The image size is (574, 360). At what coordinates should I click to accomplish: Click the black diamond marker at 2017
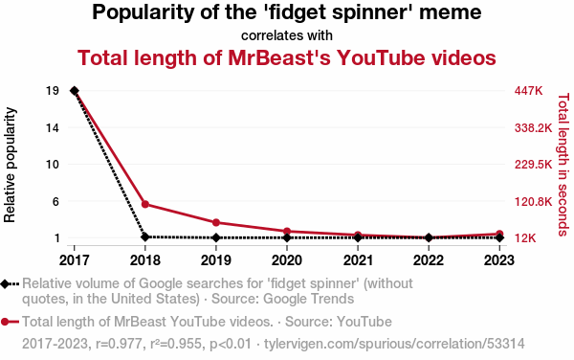tap(75, 91)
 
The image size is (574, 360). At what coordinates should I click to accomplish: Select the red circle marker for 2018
tap(145, 204)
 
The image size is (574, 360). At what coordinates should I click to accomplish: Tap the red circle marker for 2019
tap(216, 222)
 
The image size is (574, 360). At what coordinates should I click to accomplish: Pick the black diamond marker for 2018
tap(145, 236)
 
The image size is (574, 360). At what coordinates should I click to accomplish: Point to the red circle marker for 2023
tap(499, 234)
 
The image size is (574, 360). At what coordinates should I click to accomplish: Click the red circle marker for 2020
tap(287, 231)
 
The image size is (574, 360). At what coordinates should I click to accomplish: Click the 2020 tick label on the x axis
tap(287, 260)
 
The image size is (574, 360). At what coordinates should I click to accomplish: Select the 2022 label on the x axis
tap(429, 260)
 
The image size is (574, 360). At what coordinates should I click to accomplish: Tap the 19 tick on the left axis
tap(53, 91)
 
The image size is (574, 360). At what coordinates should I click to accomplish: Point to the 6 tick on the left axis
tap(55, 201)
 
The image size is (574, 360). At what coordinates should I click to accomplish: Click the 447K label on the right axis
tap(528, 91)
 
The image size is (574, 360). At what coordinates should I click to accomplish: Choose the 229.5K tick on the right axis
tap(533, 165)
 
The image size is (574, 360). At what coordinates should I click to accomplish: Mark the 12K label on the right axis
tap(525, 238)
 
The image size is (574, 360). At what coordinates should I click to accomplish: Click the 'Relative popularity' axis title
tap(10, 165)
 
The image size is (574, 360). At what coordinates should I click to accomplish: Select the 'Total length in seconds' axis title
tap(563, 165)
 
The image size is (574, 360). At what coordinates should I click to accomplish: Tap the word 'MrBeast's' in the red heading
tap(279, 57)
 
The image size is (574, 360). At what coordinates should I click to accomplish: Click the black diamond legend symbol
tap(10, 284)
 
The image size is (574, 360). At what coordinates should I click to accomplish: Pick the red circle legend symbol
tap(10, 322)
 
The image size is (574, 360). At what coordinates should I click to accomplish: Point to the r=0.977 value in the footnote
tap(119, 344)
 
